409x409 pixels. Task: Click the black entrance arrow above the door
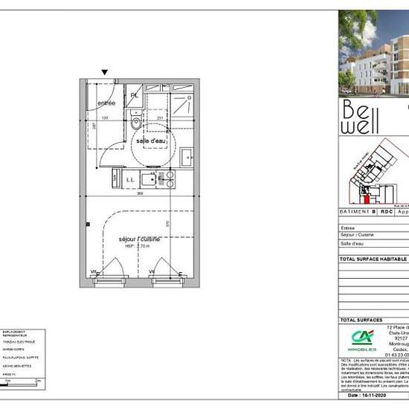click(x=105, y=72)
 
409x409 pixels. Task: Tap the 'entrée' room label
click(x=107, y=103)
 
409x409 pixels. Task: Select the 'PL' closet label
click(x=135, y=95)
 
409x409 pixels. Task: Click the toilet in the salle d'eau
click(x=135, y=123)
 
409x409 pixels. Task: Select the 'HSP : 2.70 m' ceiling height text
click(x=139, y=245)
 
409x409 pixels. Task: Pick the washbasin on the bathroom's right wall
click(x=187, y=157)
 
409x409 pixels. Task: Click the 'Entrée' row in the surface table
click(x=348, y=228)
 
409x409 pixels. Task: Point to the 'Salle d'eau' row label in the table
click(x=352, y=243)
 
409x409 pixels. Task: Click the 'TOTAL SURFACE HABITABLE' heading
click(x=373, y=259)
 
